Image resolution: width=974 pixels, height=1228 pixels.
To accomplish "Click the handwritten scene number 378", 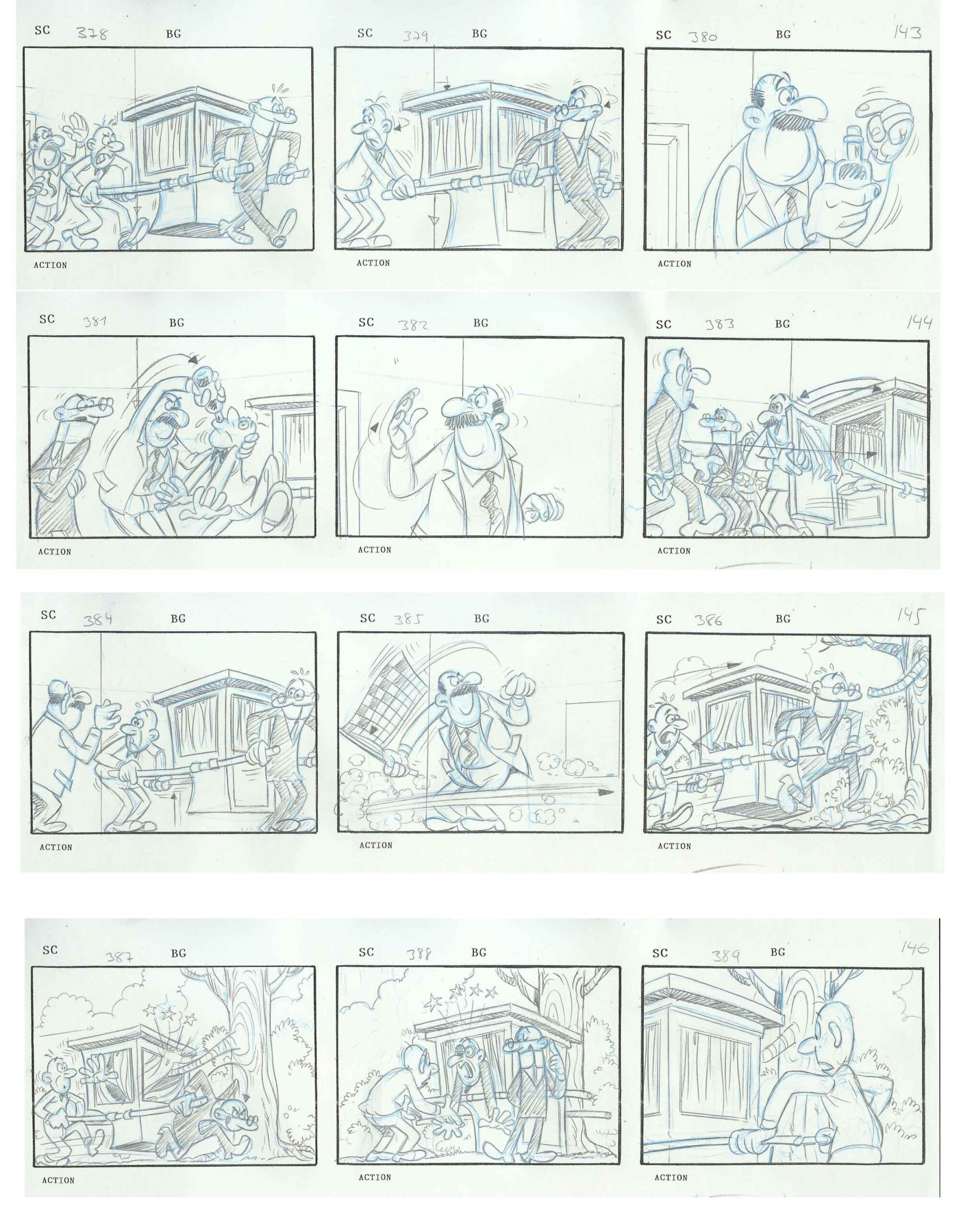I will coord(92,34).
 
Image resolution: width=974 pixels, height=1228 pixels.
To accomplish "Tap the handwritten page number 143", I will coord(907,33).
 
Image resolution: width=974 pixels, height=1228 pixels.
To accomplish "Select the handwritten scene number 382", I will coord(413,325).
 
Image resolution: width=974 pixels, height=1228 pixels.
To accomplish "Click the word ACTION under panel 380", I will coord(674,264).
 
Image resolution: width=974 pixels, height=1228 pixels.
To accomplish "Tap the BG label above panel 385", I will coord(481,618).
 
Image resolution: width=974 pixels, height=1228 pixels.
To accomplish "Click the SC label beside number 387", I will coord(50,949).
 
